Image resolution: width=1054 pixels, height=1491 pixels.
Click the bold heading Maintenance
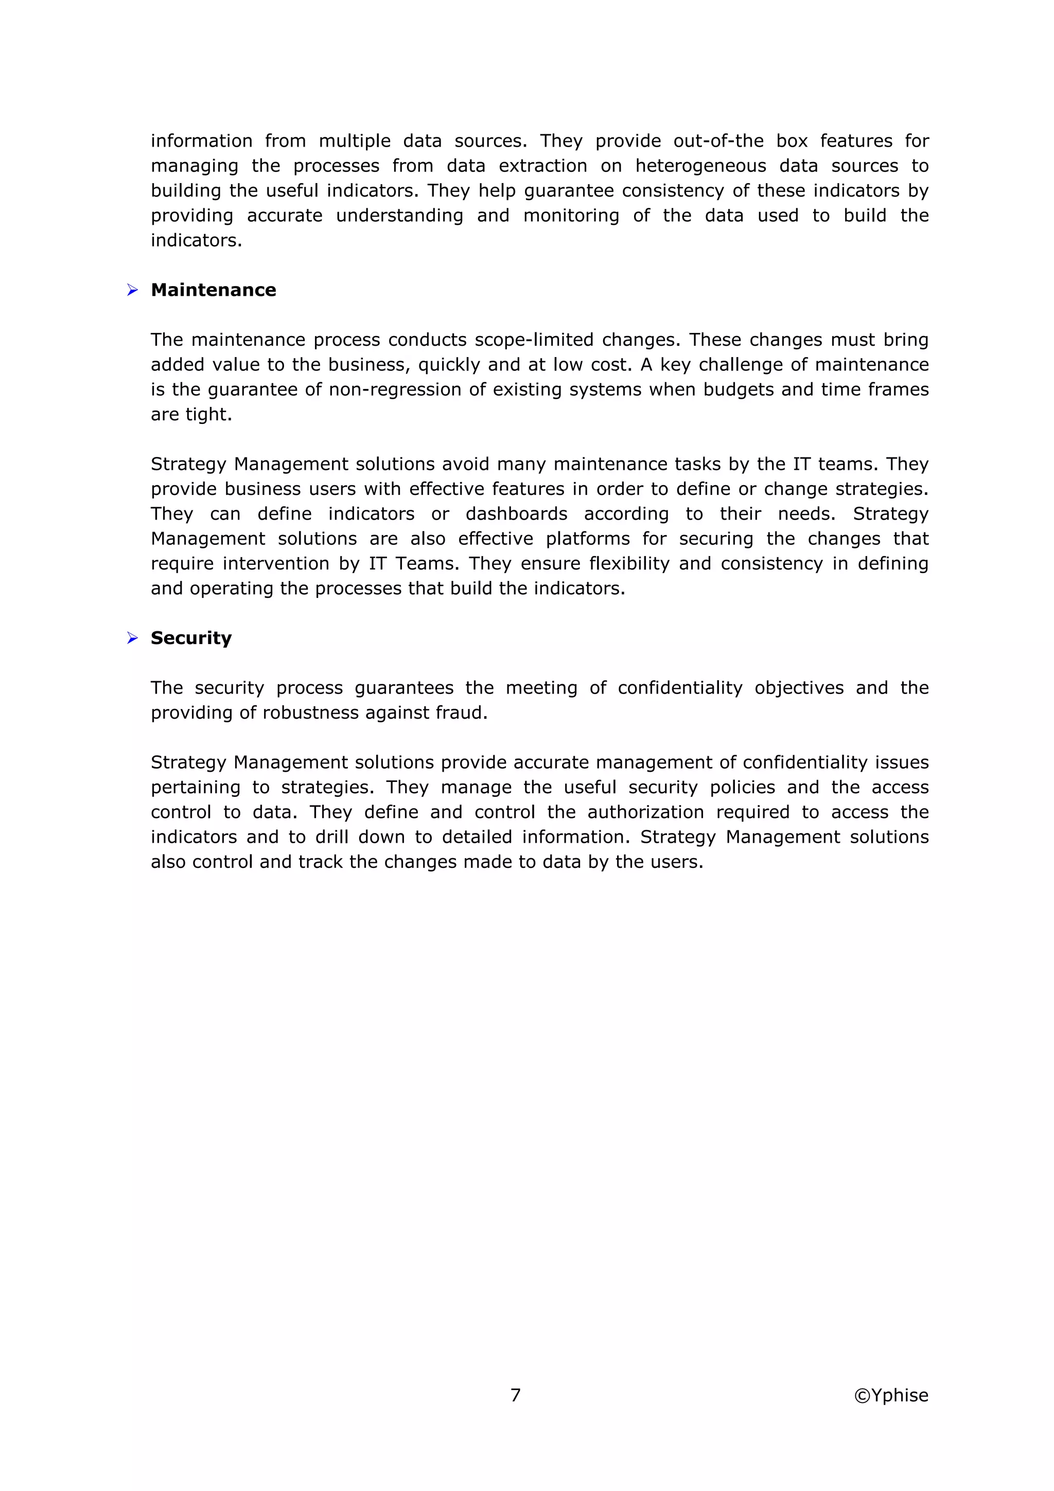pyautogui.click(x=213, y=290)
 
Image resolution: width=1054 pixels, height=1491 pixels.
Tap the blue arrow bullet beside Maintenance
pyautogui.click(x=132, y=290)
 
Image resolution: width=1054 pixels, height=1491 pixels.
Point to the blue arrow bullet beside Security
pyautogui.click(x=132, y=638)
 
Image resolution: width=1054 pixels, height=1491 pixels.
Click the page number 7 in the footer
pyautogui.click(x=516, y=1395)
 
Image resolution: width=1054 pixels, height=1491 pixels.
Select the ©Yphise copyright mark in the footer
pyautogui.click(x=891, y=1395)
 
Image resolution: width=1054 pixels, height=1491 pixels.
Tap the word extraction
pyautogui.click(x=543, y=166)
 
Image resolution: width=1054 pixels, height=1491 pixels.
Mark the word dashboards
pyautogui.click(x=516, y=513)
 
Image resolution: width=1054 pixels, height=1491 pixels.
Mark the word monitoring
pyautogui.click(x=571, y=216)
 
